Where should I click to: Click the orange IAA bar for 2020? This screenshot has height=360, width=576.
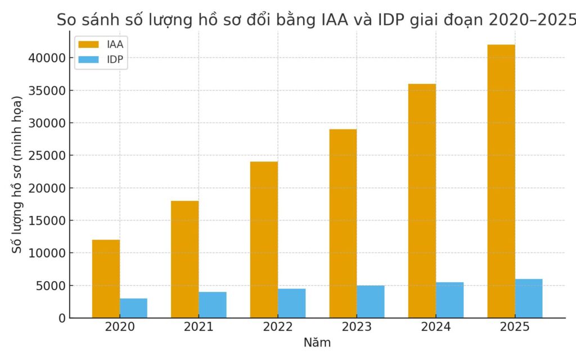(106, 278)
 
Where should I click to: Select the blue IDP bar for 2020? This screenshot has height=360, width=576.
(133, 308)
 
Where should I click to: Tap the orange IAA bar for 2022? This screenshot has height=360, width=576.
(264, 240)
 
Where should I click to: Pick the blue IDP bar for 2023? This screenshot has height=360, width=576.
(371, 301)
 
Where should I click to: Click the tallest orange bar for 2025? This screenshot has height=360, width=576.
(501, 181)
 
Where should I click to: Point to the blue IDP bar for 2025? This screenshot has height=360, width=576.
(529, 298)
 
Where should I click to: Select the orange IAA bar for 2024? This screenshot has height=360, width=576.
(422, 201)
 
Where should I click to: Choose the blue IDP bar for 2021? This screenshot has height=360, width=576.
(213, 304)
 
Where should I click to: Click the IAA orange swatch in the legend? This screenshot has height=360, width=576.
(88, 44)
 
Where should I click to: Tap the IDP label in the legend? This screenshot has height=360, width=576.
(115, 59)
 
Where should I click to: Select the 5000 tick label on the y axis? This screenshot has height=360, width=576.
(52, 286)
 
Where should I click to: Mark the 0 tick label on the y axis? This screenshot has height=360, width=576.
(62, 318)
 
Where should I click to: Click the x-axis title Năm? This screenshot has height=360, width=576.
(317, 343)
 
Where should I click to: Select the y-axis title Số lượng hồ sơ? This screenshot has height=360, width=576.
(17, 174)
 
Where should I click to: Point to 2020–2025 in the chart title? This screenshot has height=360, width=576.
(532, 20)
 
